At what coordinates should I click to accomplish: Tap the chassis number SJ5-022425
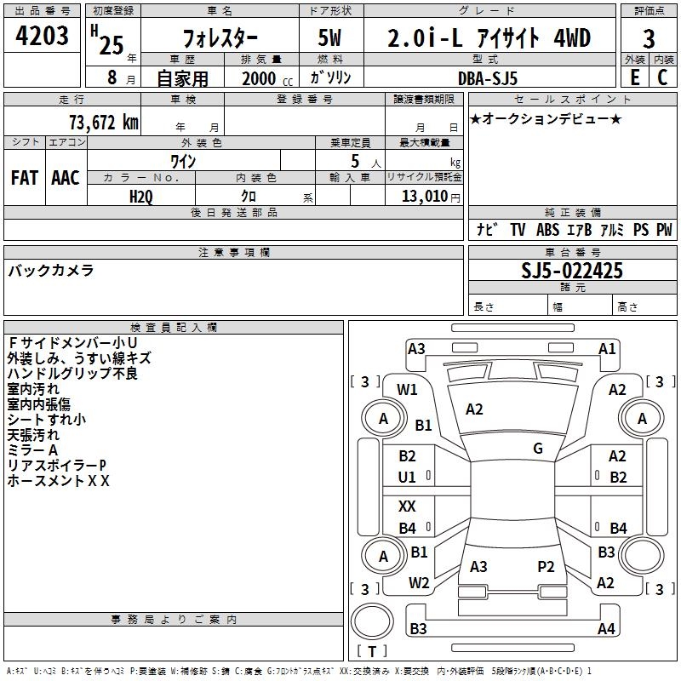pos(572,271)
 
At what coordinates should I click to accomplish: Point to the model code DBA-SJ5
pos(489,77)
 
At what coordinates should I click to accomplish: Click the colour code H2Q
pos(141,196)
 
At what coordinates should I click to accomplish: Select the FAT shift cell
pos(24,178)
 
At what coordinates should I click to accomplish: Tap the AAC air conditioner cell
pos(65,178)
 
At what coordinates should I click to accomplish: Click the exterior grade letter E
pos(634,77)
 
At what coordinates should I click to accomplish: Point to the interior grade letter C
pos(661,77)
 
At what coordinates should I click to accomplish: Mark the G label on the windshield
pos(538,449)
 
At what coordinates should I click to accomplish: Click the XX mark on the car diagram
pos(408,506)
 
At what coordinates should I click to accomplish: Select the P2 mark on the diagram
pos(546,566)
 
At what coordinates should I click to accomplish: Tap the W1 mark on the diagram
pos(408,390)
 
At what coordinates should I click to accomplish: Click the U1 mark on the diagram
pos(408,478)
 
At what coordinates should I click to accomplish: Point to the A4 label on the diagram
pos(606,629)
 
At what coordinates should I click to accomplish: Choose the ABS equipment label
pos(548,230)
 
